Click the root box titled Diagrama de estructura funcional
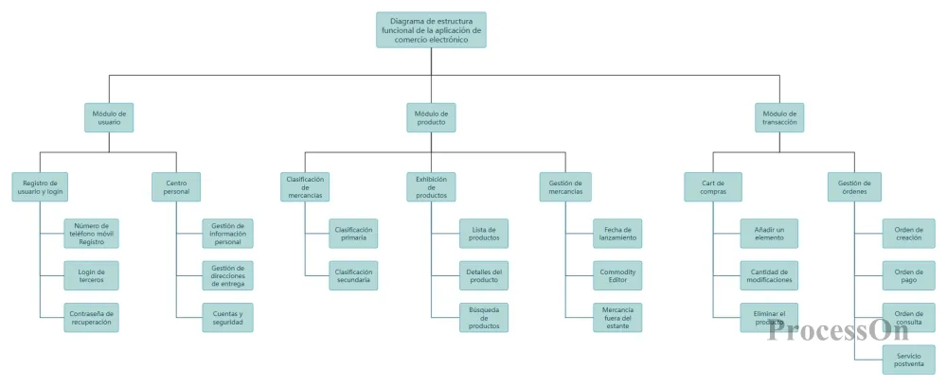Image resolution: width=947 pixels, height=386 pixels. [431, 29]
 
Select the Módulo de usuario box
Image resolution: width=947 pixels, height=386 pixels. [109, 117]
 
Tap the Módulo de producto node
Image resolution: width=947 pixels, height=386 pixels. [431, 117]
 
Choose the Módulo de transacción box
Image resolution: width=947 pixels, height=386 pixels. [780, 117]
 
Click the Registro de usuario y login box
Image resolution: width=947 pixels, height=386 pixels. [40, 186]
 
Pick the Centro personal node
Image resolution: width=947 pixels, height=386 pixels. [177, 186]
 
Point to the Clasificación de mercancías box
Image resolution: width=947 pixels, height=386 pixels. [305, 186]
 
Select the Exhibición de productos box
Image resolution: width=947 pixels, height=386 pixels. [431, 186]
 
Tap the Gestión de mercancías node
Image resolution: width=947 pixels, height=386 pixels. [565, 186]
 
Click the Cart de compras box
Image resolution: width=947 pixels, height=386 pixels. [713, 186]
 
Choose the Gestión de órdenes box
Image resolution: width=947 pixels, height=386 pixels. [854, 186]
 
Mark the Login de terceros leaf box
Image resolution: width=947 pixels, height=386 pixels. [92, 275]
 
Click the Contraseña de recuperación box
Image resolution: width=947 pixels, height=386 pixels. [92, 317]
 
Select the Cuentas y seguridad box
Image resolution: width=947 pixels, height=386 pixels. [228, 317]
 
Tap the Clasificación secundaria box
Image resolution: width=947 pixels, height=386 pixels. [353, 275]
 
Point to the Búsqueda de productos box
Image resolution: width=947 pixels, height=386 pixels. [484, 317]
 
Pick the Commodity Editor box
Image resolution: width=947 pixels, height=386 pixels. [617, 275]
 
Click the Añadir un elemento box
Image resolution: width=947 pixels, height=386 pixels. [769, 234]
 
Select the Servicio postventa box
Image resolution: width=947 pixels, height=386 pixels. [908, 359]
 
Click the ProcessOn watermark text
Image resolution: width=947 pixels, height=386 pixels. [826, 330]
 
